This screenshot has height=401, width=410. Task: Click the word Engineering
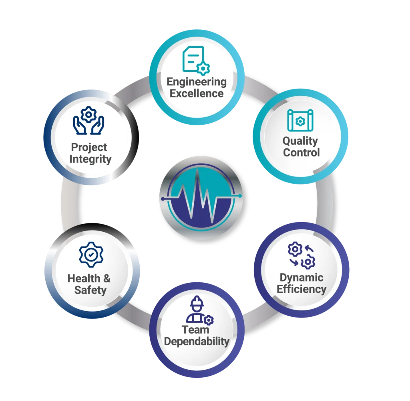click(x=197, y=82)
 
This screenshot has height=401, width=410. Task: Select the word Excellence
click(x=197, y=93)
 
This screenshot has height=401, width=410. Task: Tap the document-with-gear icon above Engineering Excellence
click(x=196, y=61)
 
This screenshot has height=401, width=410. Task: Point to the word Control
click(x=301, y=152)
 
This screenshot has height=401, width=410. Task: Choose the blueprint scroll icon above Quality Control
click(x=300, y=120)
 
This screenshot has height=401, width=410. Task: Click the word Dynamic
click(x=301, y=278)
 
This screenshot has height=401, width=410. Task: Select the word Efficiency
click(x=301, y=289)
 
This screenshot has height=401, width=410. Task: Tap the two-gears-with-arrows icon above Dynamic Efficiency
click(x=301, y=255)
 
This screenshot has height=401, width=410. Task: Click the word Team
click(x=195, y=330)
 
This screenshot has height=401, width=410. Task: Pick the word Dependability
click(x=197, y=342)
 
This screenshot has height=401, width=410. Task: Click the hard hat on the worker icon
click(x=197, y=302)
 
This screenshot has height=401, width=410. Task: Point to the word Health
click(x=84, y=278)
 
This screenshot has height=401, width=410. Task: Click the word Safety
click(x=90, y=290)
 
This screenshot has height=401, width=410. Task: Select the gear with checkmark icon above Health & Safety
click(x=91, y=255)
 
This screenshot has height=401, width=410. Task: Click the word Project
click(x=89, y=148)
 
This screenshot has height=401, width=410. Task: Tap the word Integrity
click(x=90, y=159)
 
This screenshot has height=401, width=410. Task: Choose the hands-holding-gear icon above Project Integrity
click(x=88, y=120)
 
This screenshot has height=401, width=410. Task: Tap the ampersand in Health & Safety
click(x=107, y=278)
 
